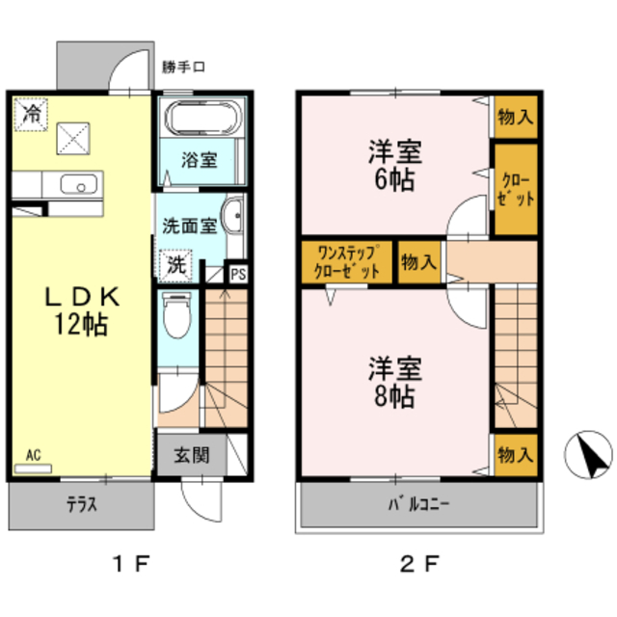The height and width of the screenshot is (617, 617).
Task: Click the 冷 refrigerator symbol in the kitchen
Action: tap(32, 114)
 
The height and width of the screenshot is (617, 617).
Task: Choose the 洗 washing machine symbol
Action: tap(176, 263)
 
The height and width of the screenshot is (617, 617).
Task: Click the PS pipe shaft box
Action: tap(237, 273)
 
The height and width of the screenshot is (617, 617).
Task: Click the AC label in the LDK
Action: tap(34, 454)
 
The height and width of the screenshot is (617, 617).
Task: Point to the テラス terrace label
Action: tap(81, 503)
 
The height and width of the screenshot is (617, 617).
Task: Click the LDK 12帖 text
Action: tap(81, 310)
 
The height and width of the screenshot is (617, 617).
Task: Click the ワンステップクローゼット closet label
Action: tap(346, 261)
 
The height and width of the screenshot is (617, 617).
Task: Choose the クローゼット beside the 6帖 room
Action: tap(516, 188)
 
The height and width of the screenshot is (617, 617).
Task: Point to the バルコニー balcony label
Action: tap(418, 503)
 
